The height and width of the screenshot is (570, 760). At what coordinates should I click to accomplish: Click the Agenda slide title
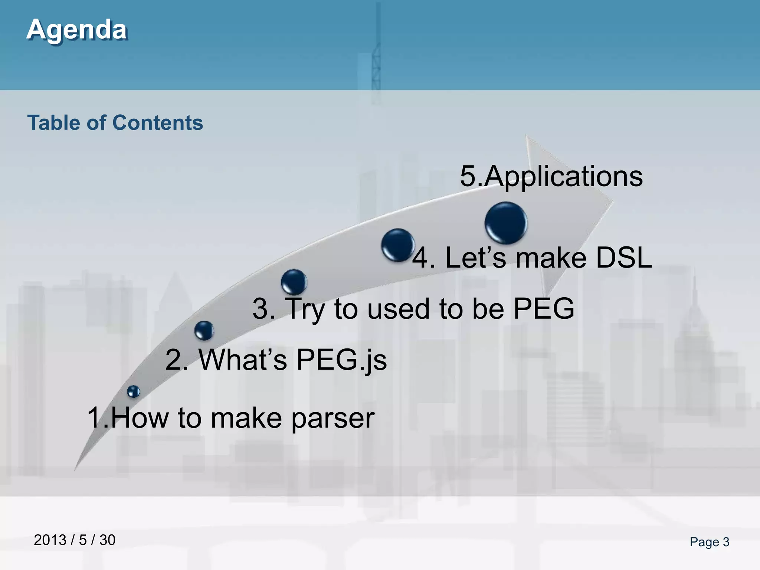click(77, 29)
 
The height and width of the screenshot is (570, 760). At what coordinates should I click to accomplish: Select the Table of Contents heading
click(115, 123)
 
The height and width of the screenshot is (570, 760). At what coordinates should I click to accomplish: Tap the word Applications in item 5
click(563, 177)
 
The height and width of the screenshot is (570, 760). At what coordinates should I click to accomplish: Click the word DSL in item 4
click(623, 258)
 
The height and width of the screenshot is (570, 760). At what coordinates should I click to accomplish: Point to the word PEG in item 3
click(544, 308)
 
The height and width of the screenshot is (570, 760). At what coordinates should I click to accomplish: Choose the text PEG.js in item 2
click(341, 360)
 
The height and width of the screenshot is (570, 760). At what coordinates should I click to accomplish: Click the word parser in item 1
click(332, 418)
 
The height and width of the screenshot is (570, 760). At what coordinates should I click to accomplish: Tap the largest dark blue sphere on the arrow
click(505, 223)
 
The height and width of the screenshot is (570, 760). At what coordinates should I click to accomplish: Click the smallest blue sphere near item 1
click(133, 391)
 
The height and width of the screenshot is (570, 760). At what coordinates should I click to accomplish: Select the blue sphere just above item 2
click(204, 330)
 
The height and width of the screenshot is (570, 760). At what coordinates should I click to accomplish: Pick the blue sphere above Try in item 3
click(294, 282)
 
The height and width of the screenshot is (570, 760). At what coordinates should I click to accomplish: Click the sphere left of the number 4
click(397, 245)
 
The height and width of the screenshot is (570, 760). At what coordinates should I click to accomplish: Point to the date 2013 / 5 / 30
click(75, 540)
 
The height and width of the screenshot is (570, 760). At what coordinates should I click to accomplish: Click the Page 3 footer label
click(709, 542)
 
